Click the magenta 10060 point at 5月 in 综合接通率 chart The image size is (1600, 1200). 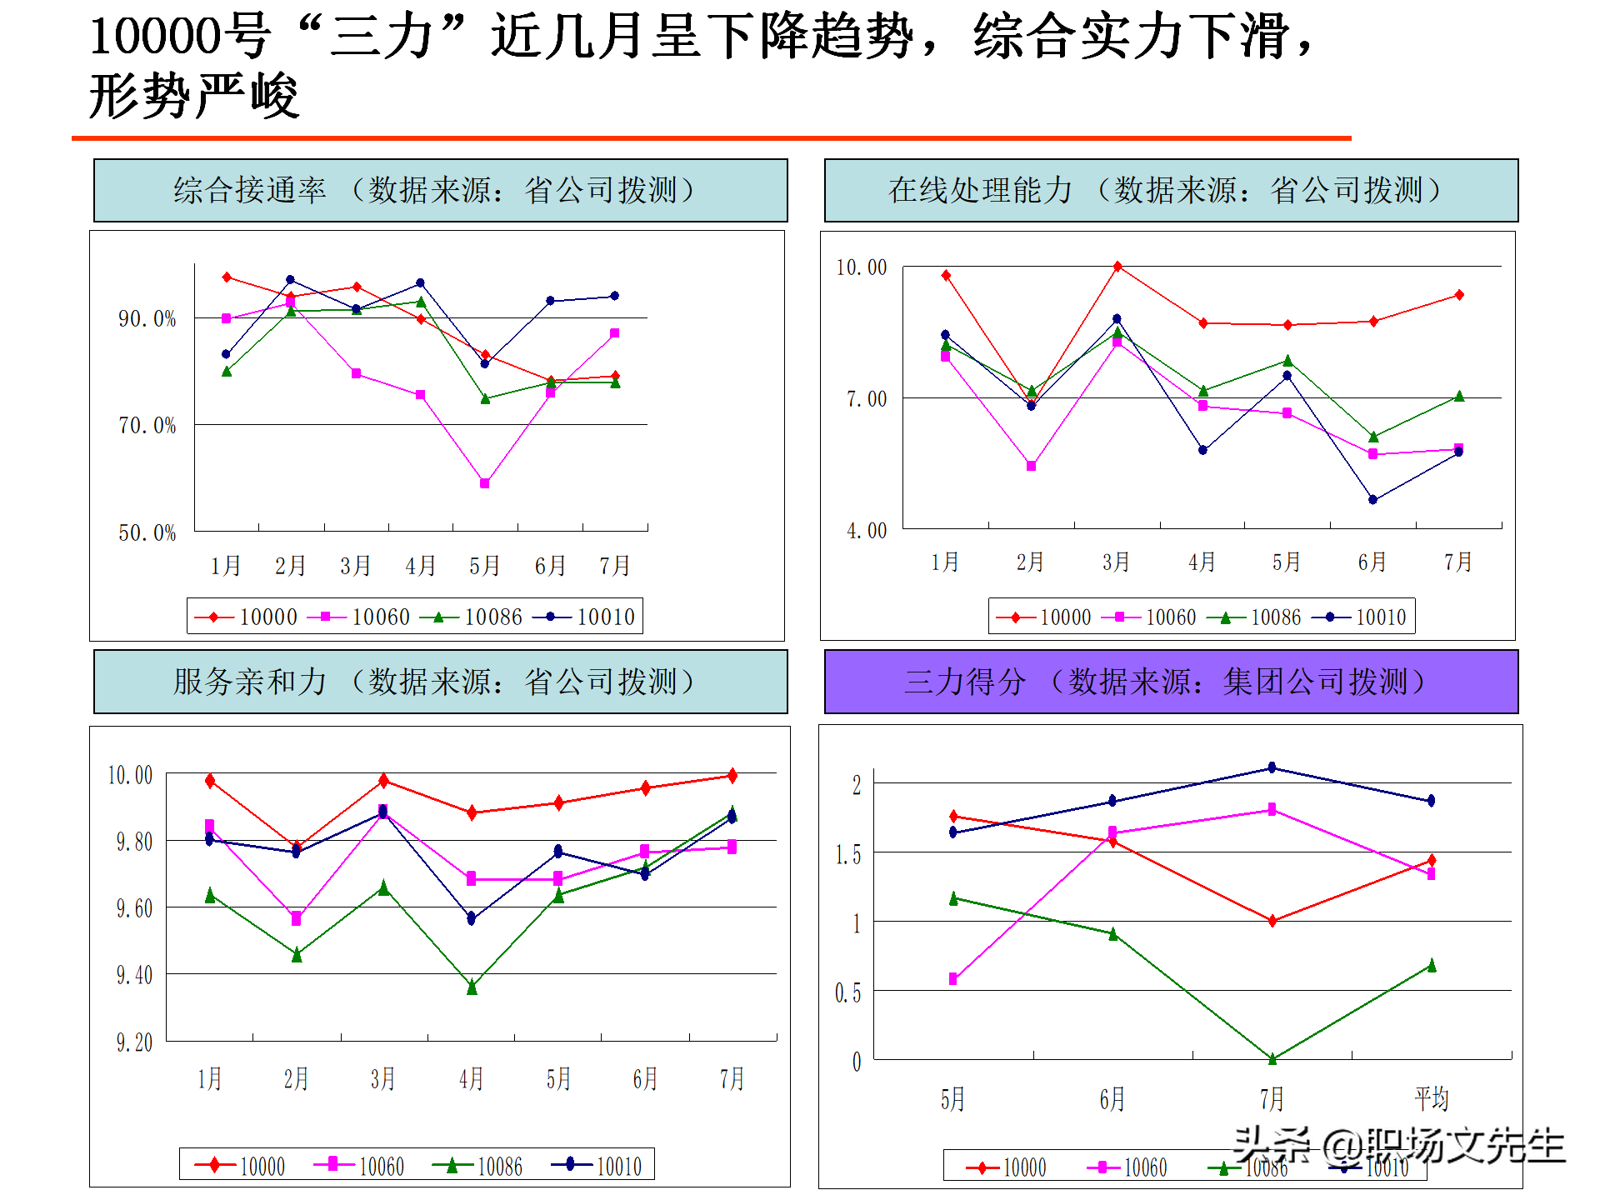tap(485, 483)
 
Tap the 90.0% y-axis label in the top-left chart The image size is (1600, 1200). tap(147, 318)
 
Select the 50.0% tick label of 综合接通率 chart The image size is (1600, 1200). tap(147, 532)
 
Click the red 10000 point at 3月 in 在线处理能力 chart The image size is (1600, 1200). tap(1117, 267)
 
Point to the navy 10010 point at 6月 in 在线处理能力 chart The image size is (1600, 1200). tap(1372, 500)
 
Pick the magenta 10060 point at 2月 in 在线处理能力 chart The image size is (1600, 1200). tap(1031, 466)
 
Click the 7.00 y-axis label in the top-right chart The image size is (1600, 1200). tap(867, 399)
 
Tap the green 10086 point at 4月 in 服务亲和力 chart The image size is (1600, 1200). tap(472, 987)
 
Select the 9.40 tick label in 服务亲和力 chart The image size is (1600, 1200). tap(134, 975)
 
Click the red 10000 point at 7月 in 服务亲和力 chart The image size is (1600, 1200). tap(732, 776)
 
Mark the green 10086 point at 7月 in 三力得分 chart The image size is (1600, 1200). tap(1272, 1058)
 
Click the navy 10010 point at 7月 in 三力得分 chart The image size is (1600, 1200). tap(1272, 767)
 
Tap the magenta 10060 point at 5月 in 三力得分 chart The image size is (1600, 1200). tap(953, 979)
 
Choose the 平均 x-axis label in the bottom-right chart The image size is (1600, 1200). tap(1432, 1098)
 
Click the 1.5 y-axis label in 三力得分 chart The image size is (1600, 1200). tap(847, 855)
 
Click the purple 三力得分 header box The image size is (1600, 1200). tap(1171, 682)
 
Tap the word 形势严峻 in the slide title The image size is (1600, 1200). tap(193, 96)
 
